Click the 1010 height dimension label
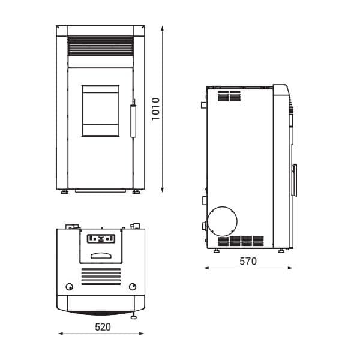pyautogui.click(x=155, y=109)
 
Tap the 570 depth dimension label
pyautogui.click(x=248, y=261)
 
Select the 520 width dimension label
pyautogui.click(x=103, y=327)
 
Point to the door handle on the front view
pyautogui.click(x=133, y=121)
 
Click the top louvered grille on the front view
pyautogui.click(x=101, y=46)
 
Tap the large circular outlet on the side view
pyautogui.click(x=222, y=221)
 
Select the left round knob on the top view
pyautogui.click(x=70, y=287)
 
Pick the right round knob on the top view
pyautogui.click(x=133, y=287)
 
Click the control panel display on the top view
pyautogui.click(x=101, y=239)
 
